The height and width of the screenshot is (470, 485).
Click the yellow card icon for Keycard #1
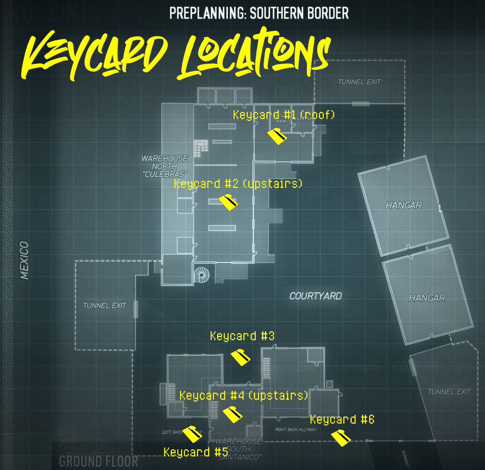(x=277, y=137)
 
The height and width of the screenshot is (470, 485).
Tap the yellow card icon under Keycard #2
(x=228, y=202)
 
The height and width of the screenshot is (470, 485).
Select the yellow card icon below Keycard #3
(x=241, y=358)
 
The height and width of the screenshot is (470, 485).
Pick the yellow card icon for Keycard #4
(x=232, y=414)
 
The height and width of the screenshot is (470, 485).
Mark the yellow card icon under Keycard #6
(x=341, y=438)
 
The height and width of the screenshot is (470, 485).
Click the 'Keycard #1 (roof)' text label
(x=284, y=115)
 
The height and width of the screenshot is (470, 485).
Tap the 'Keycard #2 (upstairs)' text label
(x=238, y=184)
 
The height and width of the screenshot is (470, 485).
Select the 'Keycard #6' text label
(x=342, y=419)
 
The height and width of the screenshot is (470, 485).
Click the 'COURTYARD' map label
(x=315, y=296)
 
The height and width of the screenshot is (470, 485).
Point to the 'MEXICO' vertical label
(x=24, y=260)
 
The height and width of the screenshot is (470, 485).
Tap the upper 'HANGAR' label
(x=403, y=205)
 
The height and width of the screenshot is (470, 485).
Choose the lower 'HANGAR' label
(x=427, y=298)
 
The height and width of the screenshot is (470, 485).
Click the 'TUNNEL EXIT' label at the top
(x=359, y=82)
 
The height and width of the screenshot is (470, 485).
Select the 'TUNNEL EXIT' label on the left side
(x=105, y=306)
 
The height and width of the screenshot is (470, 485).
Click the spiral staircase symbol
(x=203, y=275)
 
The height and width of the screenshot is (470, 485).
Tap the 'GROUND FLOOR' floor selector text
(x=99, y=461)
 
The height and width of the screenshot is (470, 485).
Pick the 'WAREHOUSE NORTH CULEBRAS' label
(x=165, y=166)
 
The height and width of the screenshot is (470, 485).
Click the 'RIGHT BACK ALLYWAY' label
(x=296, y=429)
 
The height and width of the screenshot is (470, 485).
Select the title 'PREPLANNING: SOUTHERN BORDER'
(x=259, y=13)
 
